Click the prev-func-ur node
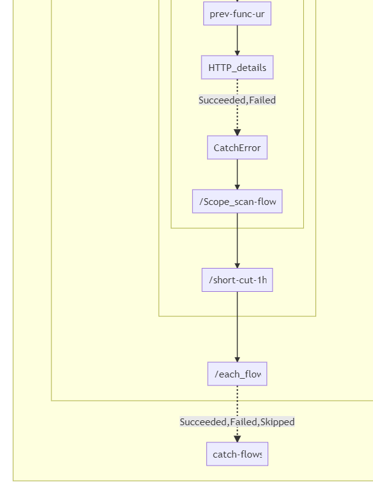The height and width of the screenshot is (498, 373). click(237, 13)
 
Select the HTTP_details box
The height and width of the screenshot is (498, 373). click(237, 67)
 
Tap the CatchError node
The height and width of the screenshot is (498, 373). click(237, 147)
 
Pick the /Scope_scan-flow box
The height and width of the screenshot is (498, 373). click(237, 201)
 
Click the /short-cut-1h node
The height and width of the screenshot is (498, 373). click(237, 280)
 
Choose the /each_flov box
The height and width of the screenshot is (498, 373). click(237, 374)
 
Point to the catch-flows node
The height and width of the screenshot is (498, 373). click(237, 454)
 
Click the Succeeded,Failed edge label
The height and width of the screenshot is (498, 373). click(237, 100)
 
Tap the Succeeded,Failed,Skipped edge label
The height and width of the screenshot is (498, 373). click(237, 422)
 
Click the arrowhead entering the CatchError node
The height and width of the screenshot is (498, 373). click(237, 132)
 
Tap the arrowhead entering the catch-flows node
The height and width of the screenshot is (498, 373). click(237, 439)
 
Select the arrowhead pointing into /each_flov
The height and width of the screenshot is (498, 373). click(237, 359)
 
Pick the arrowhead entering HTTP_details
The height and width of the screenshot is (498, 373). click(237, 52)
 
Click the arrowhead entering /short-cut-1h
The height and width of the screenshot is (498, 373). click(237, 264)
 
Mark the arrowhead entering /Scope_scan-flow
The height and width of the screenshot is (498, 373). click(237, 186)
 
